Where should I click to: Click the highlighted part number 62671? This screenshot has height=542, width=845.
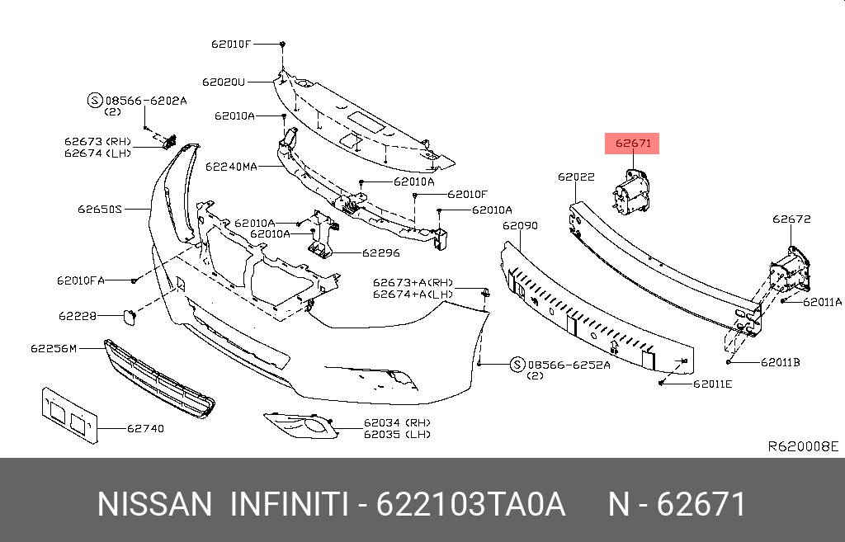coord(632,144)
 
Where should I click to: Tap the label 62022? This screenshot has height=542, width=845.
coord(575,177)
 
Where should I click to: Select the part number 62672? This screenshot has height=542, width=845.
coord(791,219)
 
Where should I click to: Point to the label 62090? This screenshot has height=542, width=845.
coord(520,225)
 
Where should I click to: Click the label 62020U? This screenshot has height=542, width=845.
coord(224,82)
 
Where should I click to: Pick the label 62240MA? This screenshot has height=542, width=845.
coord(231,167)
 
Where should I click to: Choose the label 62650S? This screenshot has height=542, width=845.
coord(100,210)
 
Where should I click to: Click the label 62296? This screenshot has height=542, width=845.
coord(382,253)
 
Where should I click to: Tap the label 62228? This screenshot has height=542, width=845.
coord(77,315)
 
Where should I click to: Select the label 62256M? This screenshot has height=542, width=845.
coord(54,348)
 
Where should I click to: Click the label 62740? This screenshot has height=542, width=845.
coord(145,428)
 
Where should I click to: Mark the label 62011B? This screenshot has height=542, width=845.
coord(781,361)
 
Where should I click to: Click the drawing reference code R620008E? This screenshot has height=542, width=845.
coord(803,446)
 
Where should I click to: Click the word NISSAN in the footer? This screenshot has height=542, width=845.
coord(154,504)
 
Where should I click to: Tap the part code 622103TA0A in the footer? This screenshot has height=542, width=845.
coord(470,504)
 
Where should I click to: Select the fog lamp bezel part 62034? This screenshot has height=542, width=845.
coord(300,426)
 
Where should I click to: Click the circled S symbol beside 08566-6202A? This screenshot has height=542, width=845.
coord(94,101)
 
